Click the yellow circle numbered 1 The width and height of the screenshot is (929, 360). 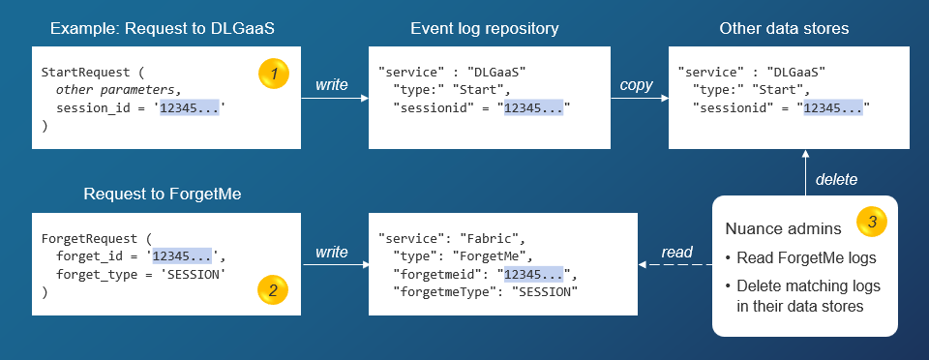click(x=274, y=73)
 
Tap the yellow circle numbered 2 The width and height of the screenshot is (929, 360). click(x=274, y=289)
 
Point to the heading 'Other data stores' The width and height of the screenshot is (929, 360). click(x=784, y=29)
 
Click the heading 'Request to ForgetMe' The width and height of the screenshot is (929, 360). click(x=162, y=195)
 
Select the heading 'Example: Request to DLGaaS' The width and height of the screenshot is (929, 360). click(x=162, y=29)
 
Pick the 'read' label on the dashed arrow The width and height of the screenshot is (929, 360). click(x=676, y=252)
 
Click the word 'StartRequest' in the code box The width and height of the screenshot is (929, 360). click(x=83, y=73)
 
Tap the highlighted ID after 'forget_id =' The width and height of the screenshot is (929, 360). click(x=183, y=255)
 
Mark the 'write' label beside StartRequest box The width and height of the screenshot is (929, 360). click(x=331, y=85)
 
